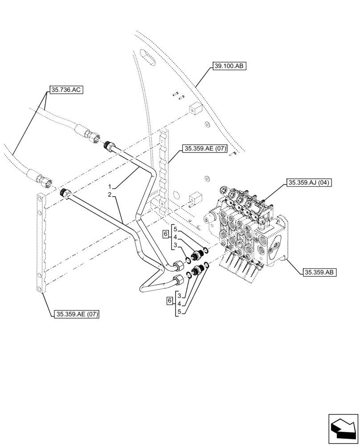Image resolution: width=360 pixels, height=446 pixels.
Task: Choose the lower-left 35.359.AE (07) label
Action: click(x=76, y=314)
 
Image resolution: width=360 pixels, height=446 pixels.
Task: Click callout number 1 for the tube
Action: click(x=109, y=186)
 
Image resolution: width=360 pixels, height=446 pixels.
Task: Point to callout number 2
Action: click(x=109, y=194)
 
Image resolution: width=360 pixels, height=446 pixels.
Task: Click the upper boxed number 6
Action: click(x=165, y=234)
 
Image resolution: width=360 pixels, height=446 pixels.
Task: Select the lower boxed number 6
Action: click(x=169, y=301)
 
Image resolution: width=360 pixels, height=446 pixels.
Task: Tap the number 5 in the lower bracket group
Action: click(x=179, y=312)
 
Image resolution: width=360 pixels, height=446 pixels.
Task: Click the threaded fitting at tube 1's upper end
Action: click(x=108, y=145)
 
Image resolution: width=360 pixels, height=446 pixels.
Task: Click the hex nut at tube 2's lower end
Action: click(x=178, y=281)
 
